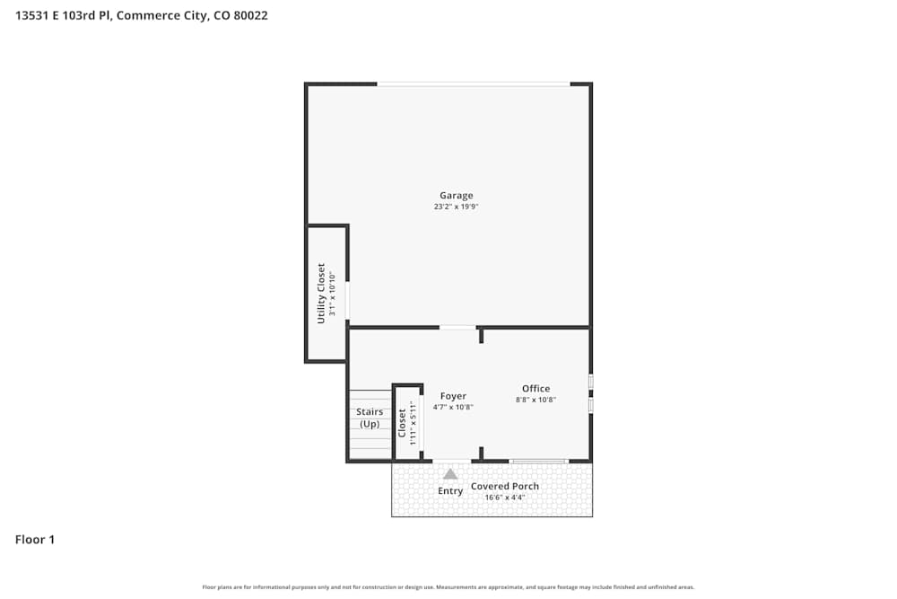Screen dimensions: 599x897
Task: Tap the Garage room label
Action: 456,196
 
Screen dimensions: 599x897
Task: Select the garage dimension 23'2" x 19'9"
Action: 456,207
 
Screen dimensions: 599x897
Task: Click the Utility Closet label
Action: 321,293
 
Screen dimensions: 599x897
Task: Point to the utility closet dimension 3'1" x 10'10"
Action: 332,295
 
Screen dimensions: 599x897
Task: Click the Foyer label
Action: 453,396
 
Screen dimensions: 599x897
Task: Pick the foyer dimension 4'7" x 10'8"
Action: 453,407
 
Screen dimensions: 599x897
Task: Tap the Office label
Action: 536,389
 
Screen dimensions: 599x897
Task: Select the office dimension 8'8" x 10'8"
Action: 536,400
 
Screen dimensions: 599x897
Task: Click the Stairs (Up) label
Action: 370,418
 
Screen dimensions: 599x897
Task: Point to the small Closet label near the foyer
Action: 402,423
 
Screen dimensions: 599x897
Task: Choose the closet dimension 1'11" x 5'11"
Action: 413,423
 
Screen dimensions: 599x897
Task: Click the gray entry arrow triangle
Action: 450,473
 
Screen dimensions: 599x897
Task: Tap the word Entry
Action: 450,491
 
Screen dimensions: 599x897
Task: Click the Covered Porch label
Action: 505,487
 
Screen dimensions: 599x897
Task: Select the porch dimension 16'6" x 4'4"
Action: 505,498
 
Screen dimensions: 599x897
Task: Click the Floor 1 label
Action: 35,540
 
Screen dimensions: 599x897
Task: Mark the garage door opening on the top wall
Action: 473,84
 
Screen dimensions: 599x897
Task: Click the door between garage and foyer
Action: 457,327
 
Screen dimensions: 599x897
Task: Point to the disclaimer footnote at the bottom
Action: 448,587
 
